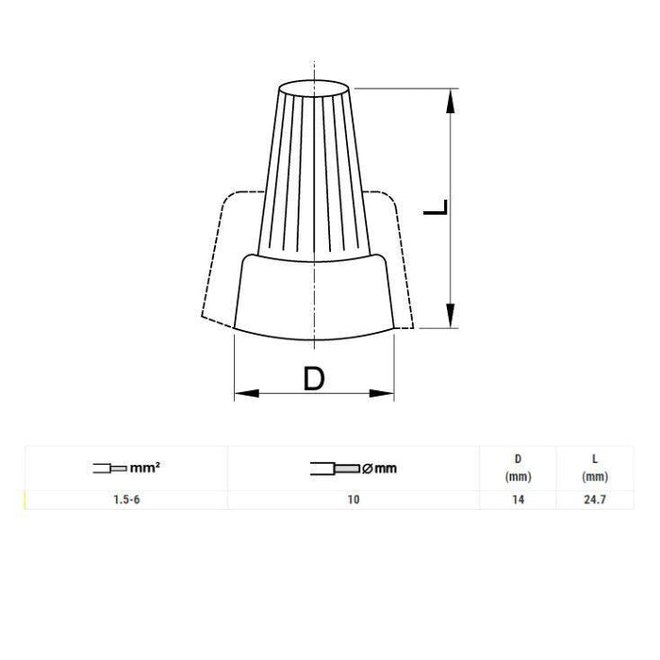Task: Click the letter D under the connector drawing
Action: point(314,378)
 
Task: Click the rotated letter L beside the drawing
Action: point(436,207)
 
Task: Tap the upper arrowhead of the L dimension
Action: point(451,101)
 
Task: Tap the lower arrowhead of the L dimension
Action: point(451,315)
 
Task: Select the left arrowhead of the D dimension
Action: point(247,393)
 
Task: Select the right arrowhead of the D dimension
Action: point(382,393)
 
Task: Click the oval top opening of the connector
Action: point(314,89)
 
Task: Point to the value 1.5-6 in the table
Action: point(126,500)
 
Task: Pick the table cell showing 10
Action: point(354,500)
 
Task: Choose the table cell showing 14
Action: point(519,500)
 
